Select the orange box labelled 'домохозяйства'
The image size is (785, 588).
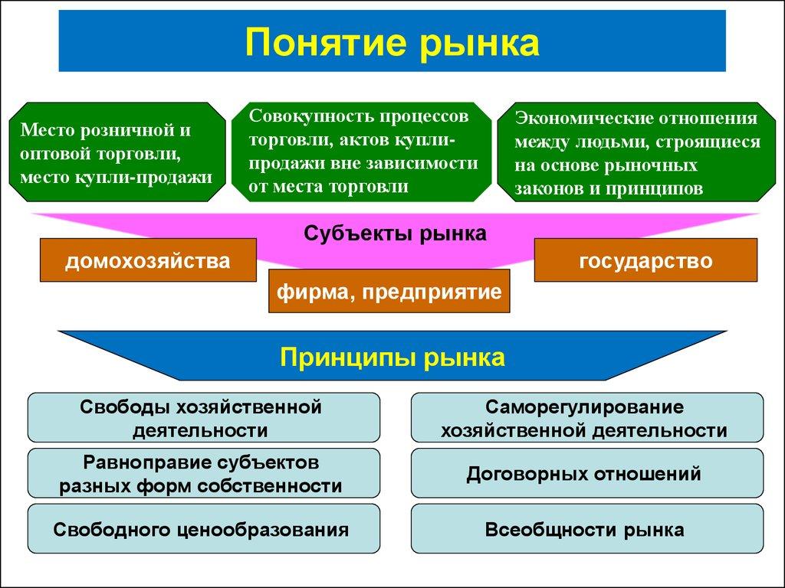tap(147, 261)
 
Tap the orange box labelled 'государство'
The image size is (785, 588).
tap(645, 260)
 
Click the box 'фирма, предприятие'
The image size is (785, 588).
tap(389, 292)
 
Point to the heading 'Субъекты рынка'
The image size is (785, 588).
tap(395, 233)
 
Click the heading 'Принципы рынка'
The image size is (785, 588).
tap(392, 357)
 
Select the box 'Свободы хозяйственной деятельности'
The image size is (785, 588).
tap(203, 418)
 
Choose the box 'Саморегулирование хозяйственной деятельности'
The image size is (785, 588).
tap(587, 418)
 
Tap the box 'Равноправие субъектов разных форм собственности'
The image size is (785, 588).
tap(203, 474)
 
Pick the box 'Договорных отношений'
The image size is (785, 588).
tap(587, 474)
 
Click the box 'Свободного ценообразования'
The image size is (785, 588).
tap(203, 529)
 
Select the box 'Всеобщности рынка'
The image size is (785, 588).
tap(587, 529)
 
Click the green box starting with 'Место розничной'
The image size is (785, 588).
tap(117, 153)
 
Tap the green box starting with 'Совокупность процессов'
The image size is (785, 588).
tap(361, 152)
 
